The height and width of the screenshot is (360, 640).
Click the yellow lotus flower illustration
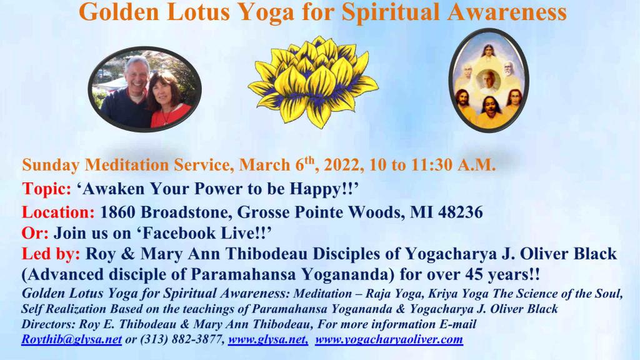click(312, 82)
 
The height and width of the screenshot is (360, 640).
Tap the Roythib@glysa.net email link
click(71, 339)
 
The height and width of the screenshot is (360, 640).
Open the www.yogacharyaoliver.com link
click(389, 339)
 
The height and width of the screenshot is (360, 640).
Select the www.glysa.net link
click(268, 339)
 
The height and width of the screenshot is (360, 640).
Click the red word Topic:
click(46, 189)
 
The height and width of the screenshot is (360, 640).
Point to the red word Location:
click(58, 212)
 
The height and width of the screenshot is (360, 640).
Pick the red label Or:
click(35, 233)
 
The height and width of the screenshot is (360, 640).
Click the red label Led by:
click(51, 254)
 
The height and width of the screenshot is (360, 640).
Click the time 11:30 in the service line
click(432, 165)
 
